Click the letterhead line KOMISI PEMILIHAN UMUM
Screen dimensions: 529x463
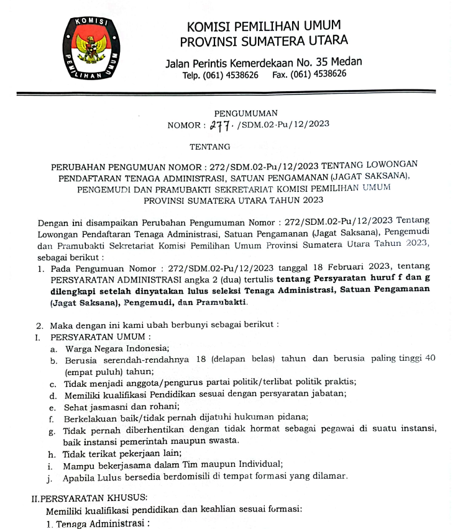(x=264, y=26)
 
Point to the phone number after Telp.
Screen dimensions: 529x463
(x=230, y=75)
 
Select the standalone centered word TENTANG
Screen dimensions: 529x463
(x=209, y=147)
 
